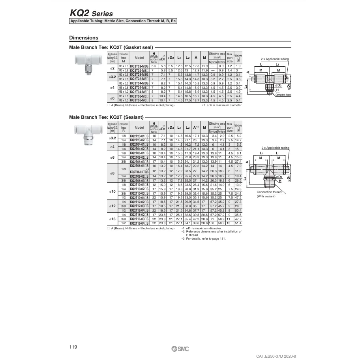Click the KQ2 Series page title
91,14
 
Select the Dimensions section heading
84,38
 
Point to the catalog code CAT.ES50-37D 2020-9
266,356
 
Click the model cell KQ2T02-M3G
139,66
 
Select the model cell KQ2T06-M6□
139,101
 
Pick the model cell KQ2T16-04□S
139,223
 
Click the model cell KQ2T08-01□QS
139,171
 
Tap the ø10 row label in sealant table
112,191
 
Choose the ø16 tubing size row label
112,218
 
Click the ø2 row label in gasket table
112,68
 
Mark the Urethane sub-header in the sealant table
221,131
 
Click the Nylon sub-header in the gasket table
213,62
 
